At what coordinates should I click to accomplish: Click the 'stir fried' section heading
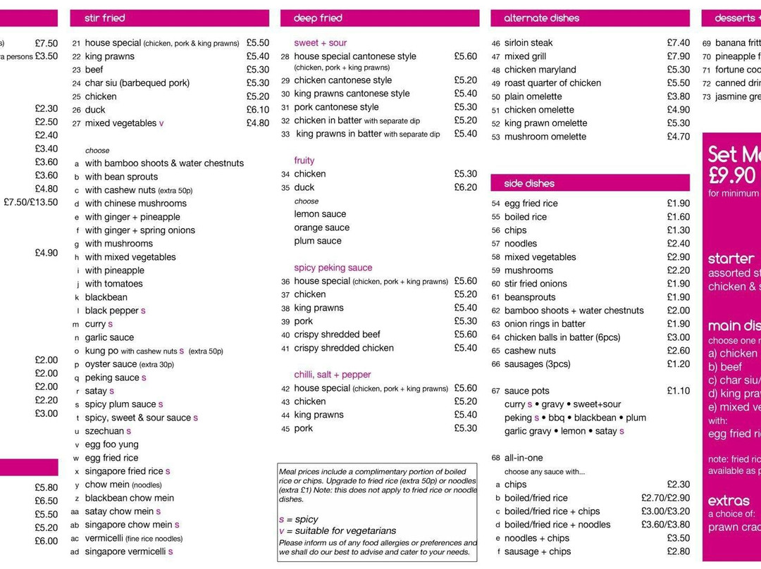[105, 18]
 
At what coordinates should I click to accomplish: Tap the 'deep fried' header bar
[318, 18]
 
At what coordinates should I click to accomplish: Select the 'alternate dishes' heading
[541, 18]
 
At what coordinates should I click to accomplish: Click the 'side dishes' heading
[529, 183]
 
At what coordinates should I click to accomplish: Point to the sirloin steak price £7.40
[678, 43]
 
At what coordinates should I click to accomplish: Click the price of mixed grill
[678, 56]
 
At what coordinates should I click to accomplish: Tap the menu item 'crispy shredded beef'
[337, 334]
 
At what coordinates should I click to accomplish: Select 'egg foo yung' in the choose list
[111, 444]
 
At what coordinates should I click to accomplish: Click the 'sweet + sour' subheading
[320, 43]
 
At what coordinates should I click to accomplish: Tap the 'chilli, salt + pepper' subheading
[332, 375]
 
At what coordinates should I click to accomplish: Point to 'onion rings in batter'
[545, 324]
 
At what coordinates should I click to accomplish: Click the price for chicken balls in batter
[678, 337]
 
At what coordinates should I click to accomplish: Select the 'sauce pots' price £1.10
[678, 391]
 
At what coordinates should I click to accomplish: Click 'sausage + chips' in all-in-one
[538, 551]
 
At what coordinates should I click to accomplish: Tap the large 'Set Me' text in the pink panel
[734, 154]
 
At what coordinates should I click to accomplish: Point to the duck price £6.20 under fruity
[465, 187]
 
